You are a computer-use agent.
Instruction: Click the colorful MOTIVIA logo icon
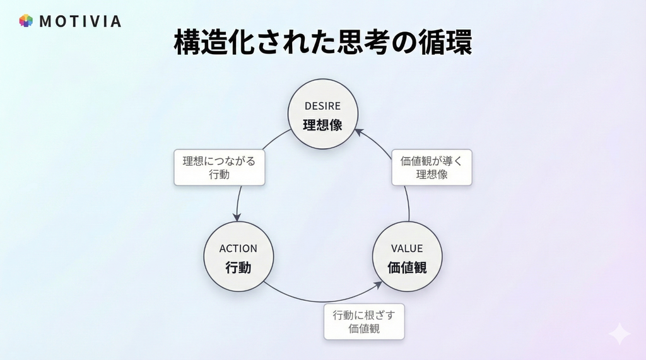point(26,21)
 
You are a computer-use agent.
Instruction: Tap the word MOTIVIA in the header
point(79,21)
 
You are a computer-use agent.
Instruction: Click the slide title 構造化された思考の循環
point(323,43)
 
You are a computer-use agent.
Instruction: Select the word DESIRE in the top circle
point(322,106)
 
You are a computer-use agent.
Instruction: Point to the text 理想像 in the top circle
point(322,124)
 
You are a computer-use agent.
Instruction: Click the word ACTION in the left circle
point(238,248)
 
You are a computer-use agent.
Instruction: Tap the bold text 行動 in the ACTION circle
point(238,267)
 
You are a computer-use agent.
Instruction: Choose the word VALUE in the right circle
point(407,248)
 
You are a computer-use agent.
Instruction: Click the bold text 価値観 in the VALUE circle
point(407,267)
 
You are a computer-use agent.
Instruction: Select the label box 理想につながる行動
point(219,167)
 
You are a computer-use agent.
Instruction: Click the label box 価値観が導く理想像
point(432,167)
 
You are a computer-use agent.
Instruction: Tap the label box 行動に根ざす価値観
point(364,322)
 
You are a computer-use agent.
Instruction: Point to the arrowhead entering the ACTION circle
point(238,218)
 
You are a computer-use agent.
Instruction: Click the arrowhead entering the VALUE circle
point(378,285)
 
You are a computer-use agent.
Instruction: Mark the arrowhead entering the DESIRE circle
point(358,131)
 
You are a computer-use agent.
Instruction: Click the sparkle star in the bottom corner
point(620,334)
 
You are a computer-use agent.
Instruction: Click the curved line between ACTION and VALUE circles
point(315,301)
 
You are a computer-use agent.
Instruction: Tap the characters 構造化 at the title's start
point(206,43)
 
